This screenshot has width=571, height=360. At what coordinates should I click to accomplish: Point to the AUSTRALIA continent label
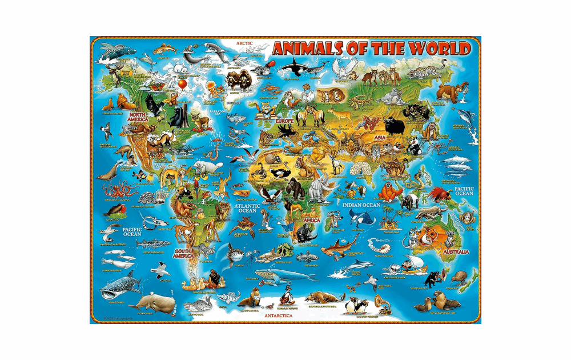coord(455,251)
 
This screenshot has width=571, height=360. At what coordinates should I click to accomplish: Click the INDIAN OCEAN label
coord(361,204)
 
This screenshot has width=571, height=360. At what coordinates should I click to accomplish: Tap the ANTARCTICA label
coord(278,315)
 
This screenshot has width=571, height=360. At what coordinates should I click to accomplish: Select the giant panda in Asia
coord(414,148)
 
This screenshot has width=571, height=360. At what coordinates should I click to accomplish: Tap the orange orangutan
coord(391,193)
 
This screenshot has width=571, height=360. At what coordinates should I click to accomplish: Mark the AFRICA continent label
coord(311,220)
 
